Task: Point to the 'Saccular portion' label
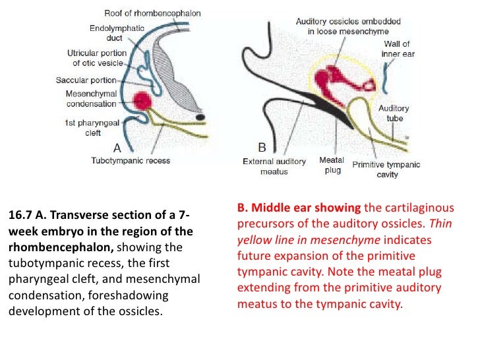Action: [88, 80]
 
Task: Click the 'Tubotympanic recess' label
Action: [130, 160]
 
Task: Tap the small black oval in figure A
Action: [199, 118]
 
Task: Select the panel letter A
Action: [117, 148]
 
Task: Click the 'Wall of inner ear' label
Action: [397, 49]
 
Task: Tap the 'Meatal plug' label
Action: [331, 165]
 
